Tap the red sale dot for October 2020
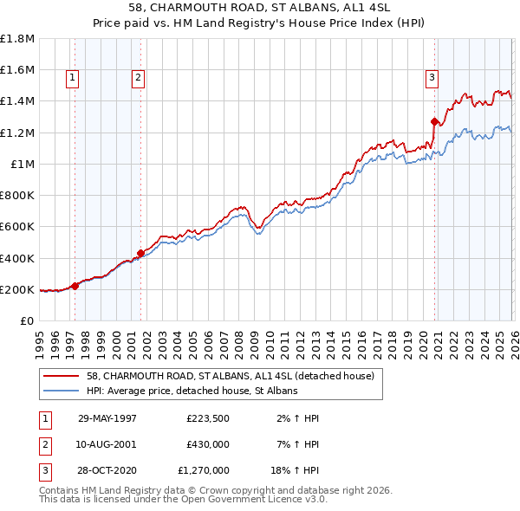coord(434,121)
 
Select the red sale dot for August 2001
coord(140,253)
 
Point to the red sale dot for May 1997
coord(75,286)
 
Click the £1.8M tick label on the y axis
coord(17,39)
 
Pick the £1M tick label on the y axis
coord(22,164)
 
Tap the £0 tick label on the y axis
coord(27,320)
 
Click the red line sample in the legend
coord(62,377)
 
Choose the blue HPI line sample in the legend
coord(62,391)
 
